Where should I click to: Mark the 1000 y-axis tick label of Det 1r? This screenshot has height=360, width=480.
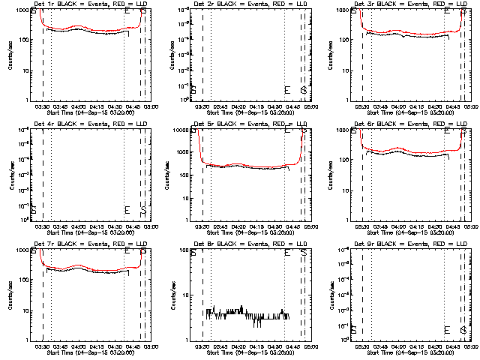point(24,9)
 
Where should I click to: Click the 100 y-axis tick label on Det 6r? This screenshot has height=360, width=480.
point(346,160)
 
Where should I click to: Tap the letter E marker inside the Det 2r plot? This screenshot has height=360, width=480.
point(286,90)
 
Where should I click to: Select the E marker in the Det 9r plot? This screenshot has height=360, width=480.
point(447,329)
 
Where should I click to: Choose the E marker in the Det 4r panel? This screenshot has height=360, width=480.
point(127,209)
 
